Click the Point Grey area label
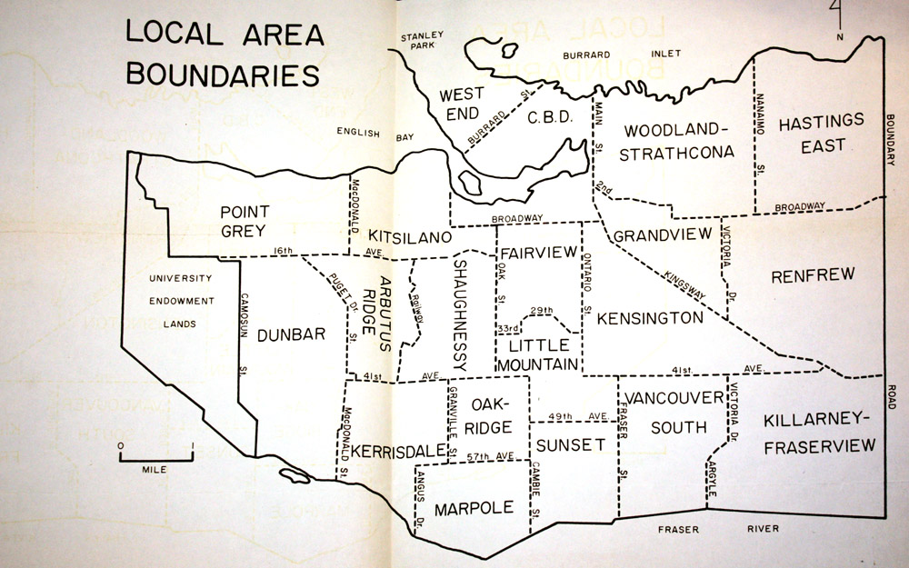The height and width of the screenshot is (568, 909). (x=245, y=221)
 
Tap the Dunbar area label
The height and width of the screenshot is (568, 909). (x=291, y=335)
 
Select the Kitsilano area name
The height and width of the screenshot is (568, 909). (x=411, y=237)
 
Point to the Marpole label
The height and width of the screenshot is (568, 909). (x=474, y=508)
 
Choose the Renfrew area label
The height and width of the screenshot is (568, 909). (x=809, y=276)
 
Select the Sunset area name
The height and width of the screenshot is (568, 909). (x=570, y=444)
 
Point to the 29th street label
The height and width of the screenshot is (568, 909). (x=542, y=311)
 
